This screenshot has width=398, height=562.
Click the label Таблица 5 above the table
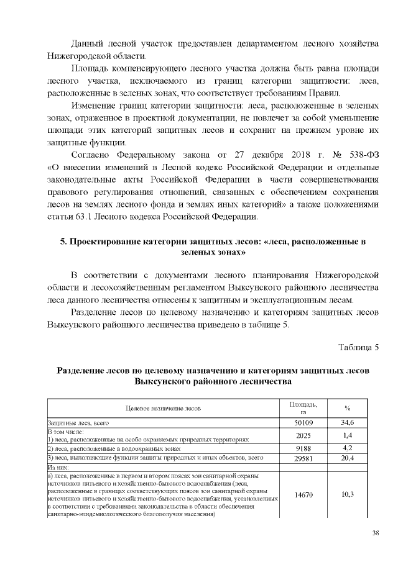358,346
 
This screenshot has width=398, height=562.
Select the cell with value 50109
303,422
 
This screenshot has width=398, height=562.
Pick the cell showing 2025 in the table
303,435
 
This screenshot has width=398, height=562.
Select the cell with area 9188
303,448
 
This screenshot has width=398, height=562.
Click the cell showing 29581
303,458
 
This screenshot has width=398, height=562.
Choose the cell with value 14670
303,494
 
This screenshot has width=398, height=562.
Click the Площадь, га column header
303,408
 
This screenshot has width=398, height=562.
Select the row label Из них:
61,467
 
